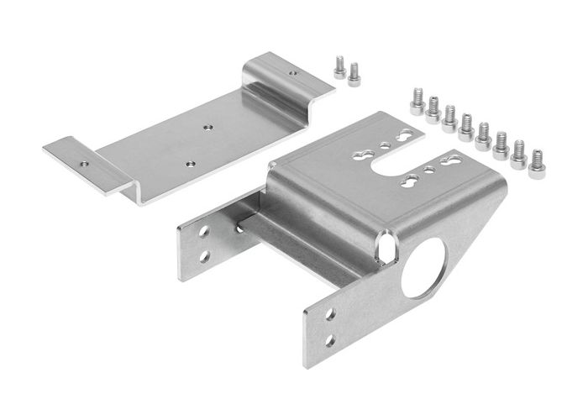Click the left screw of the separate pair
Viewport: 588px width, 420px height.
(339, 67)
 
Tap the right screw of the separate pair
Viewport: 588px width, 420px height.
(354, 73)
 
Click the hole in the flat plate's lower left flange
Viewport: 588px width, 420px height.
(83, 156)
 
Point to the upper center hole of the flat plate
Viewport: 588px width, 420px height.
(207, 128)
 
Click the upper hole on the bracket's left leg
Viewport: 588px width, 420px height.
(204, 234)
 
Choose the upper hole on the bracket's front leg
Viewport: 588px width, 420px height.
(329, 314)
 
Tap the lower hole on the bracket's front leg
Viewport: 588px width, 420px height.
(329, 340)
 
